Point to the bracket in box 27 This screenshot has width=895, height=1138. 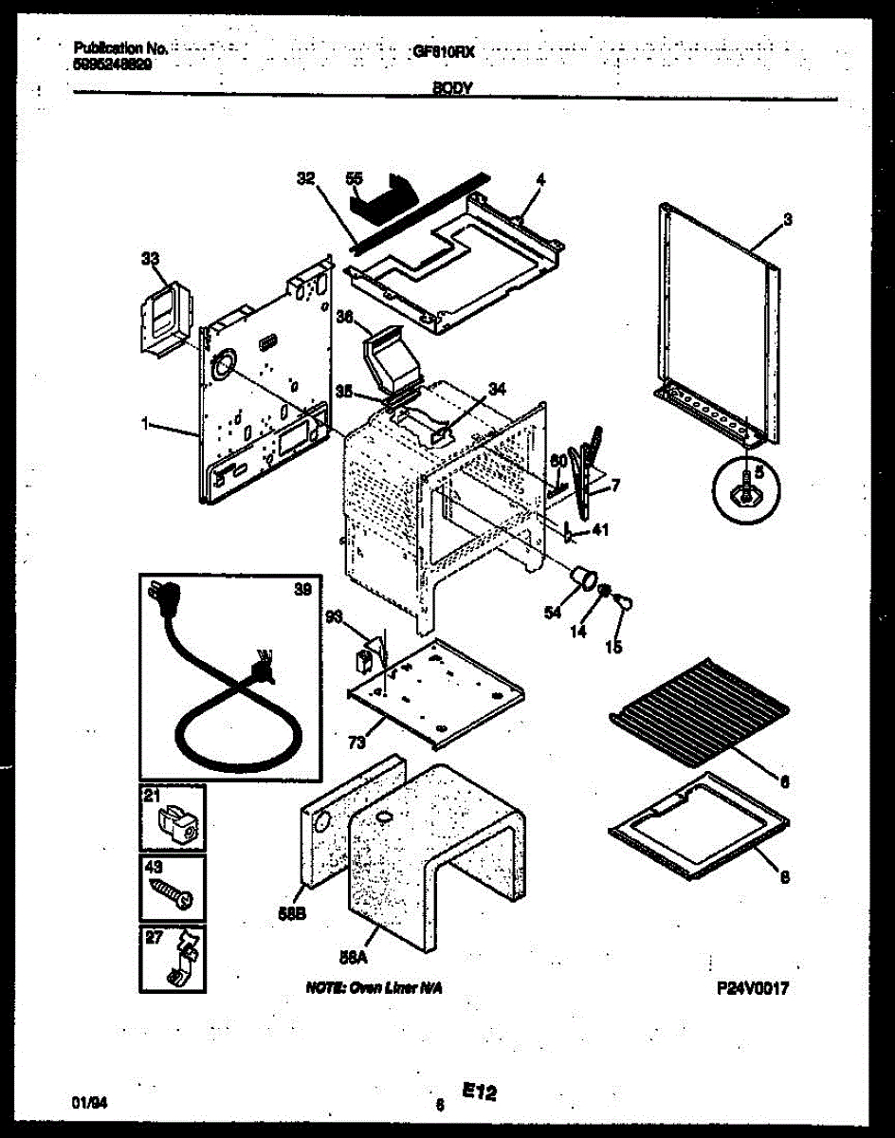point(177,964)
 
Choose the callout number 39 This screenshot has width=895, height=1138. point(301,590)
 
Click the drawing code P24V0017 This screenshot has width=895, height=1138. point(753,988)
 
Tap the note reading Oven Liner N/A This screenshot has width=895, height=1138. point(374,988)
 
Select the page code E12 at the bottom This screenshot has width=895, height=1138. point(480,1093)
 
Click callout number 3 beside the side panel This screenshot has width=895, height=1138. point(787,220)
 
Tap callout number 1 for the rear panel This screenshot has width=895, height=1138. point(146,427)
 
